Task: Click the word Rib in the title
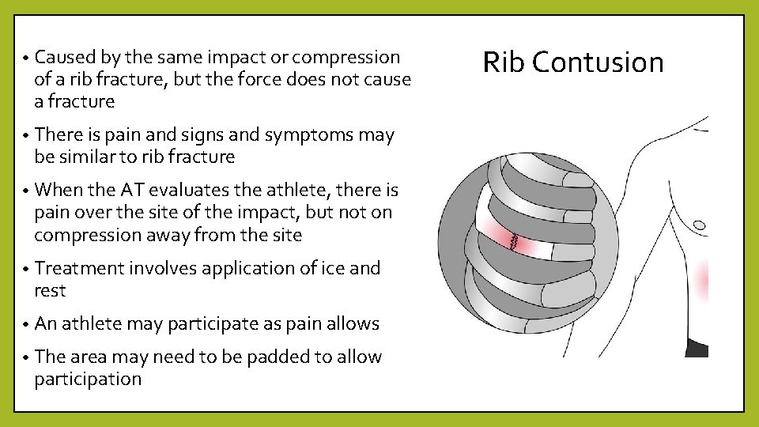coord(504,62)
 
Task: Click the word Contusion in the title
coord(599,62)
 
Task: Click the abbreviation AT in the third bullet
coord(130,190)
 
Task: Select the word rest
coord(50,291)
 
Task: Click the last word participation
coord(88,380)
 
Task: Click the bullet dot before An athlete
coord(26,325)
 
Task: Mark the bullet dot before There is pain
coord(26,136)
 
